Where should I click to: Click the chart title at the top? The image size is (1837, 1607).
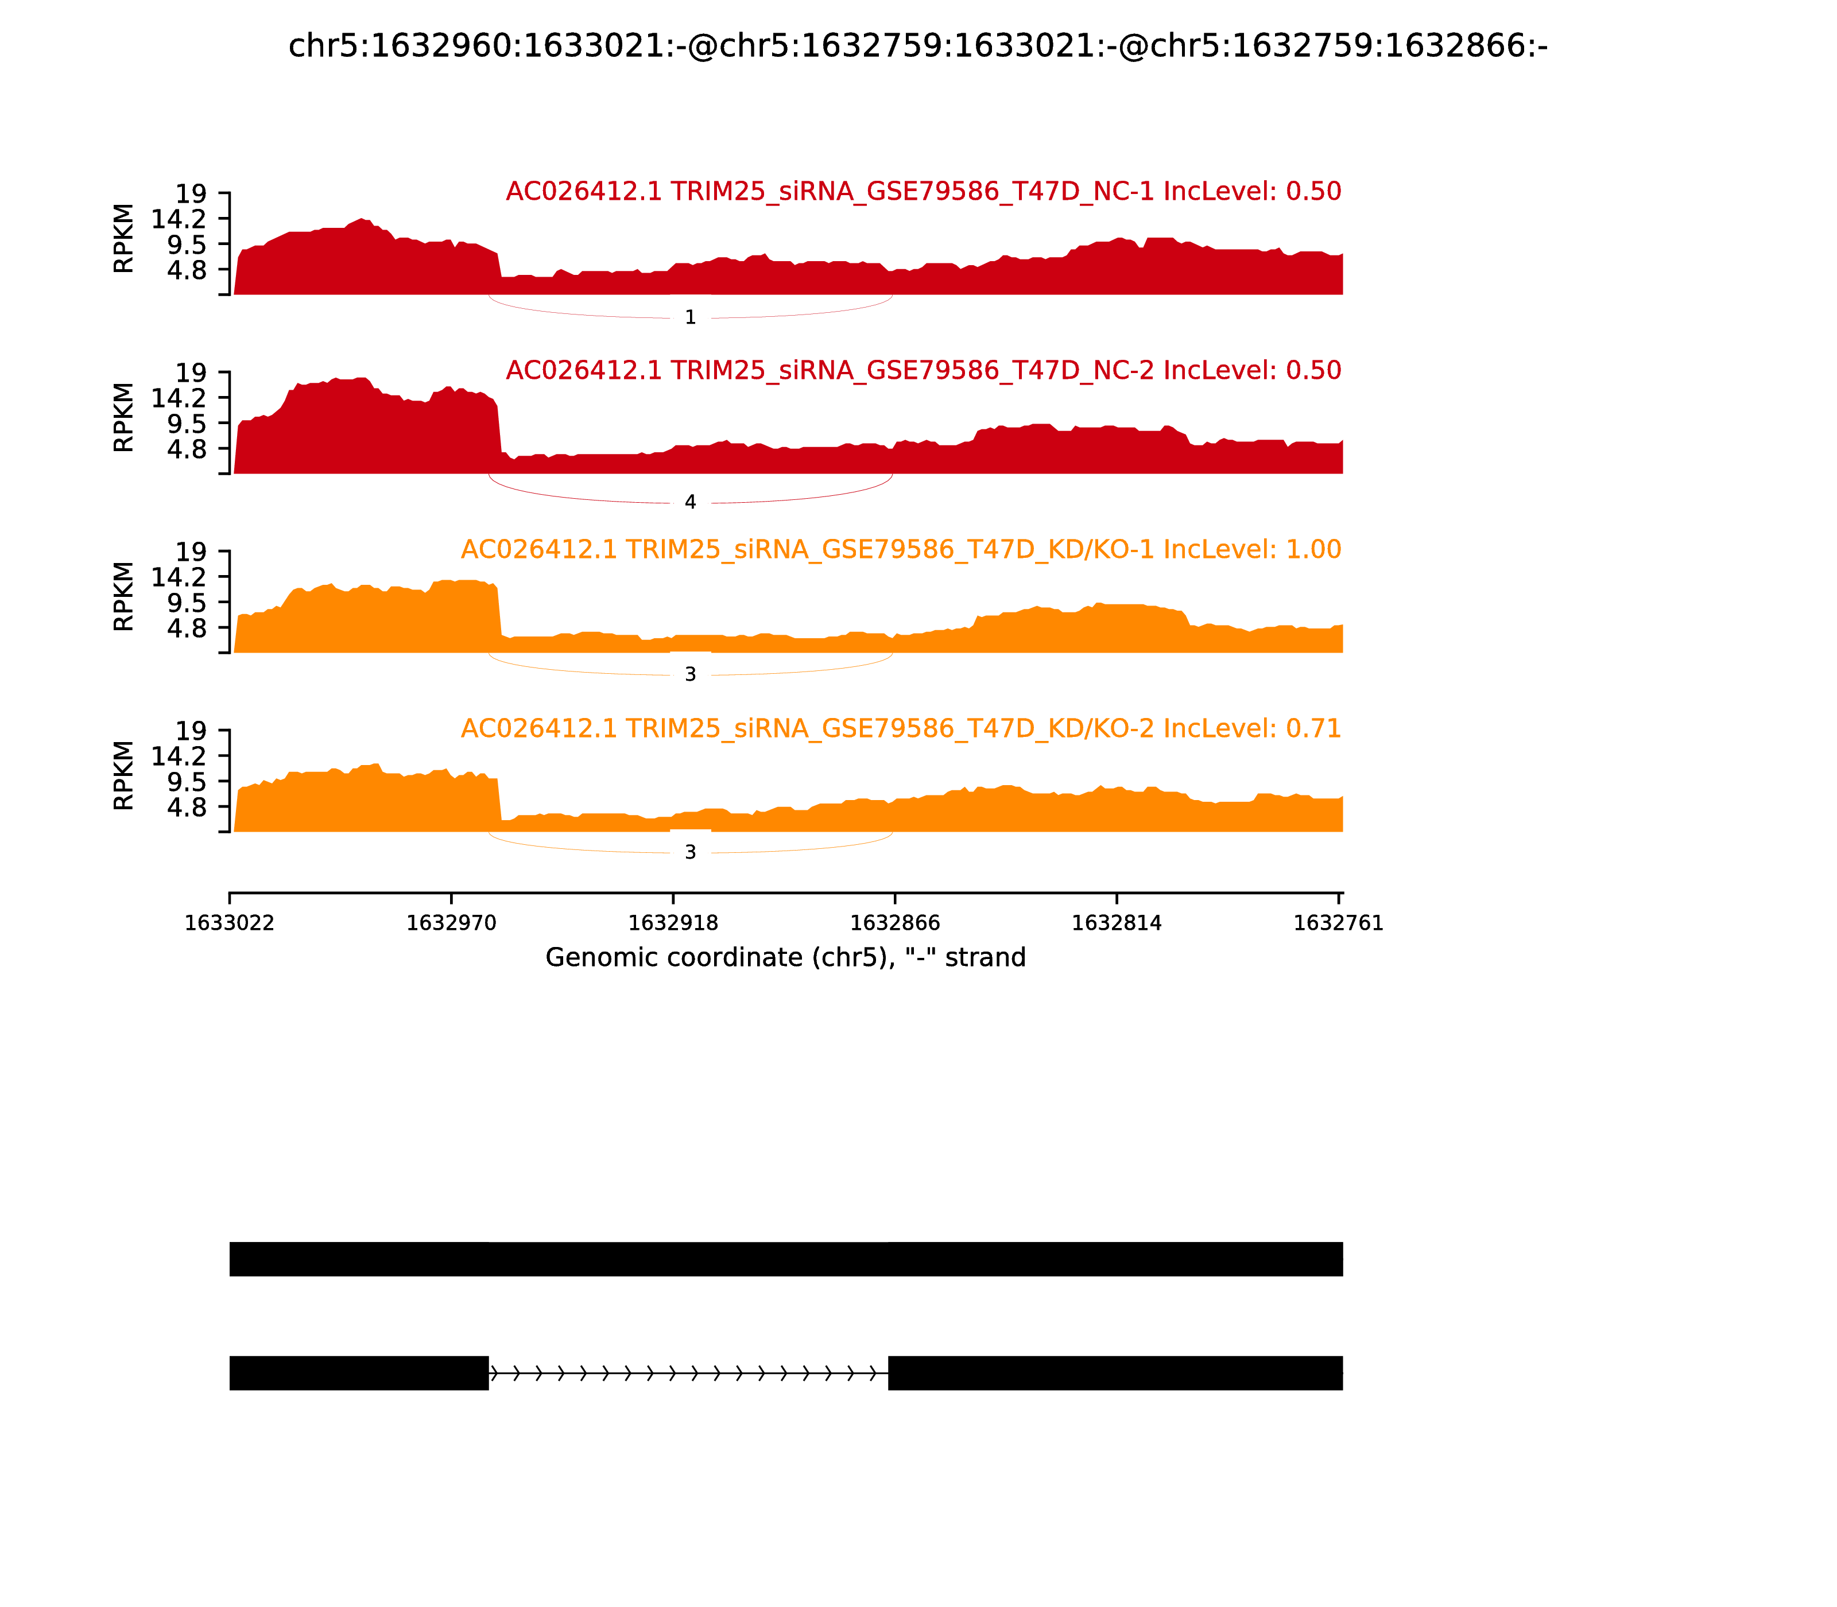(917, 46)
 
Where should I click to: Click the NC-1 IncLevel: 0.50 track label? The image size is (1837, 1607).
(923, 191)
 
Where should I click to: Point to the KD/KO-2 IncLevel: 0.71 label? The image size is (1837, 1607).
(901, 728)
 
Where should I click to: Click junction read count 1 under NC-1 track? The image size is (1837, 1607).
(690, 317)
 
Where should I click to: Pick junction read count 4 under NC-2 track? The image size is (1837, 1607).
(690, 502)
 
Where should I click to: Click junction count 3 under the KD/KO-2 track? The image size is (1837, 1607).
(690, 853)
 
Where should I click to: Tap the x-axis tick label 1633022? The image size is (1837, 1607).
(230, 923)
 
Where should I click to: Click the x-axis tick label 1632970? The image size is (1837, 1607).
(451, 923)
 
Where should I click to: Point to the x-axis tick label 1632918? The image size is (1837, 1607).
(673, 923)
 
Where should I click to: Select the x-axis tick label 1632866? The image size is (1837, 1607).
(894, 923)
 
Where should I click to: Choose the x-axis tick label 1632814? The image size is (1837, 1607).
(1117, 923)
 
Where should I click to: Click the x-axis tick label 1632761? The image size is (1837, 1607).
(1338, 923)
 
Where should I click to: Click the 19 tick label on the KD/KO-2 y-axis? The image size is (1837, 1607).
(190, 731)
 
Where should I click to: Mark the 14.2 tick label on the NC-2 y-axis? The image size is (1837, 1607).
(179, 398)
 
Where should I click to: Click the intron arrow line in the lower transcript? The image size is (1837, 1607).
(688, 1373)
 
